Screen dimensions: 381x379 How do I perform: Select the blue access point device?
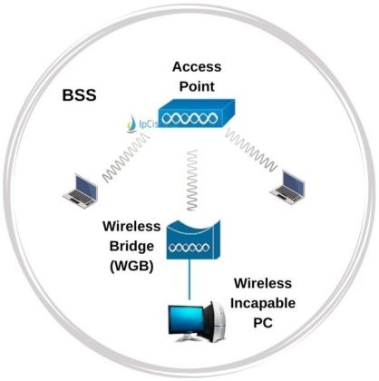tap(194, 118)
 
